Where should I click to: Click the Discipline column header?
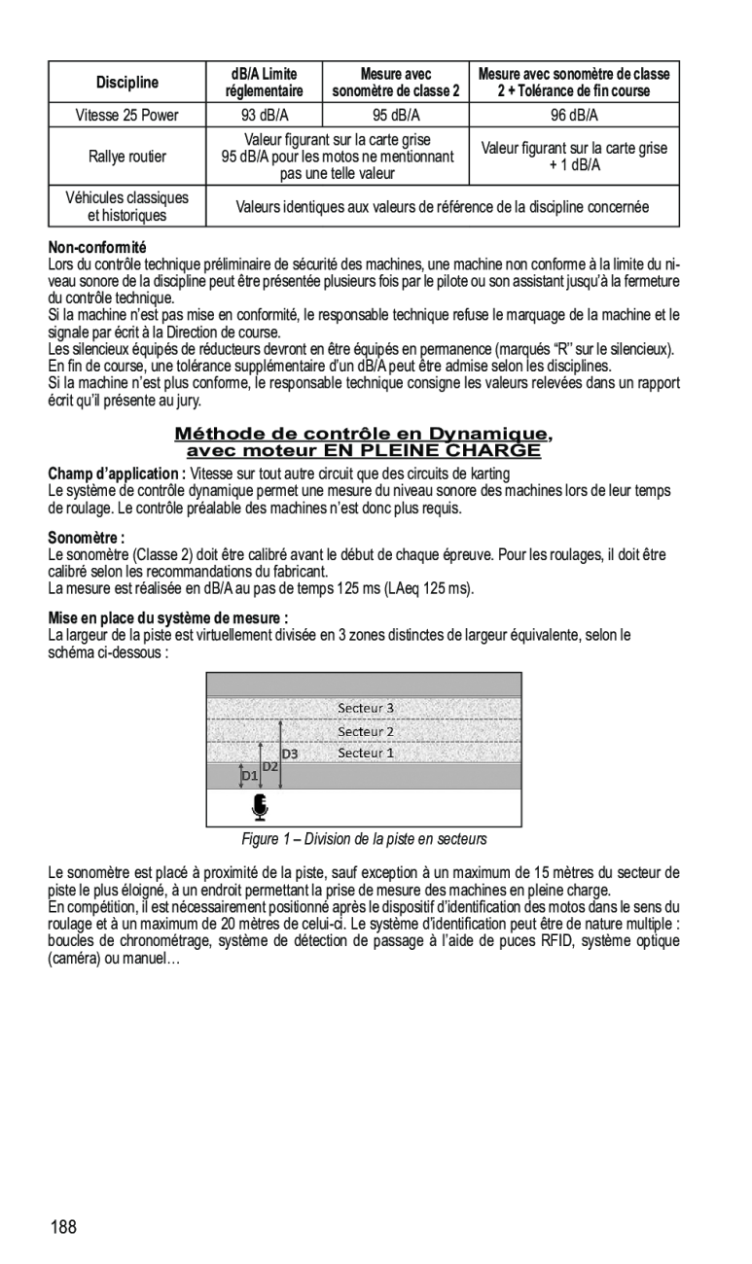(126, 83)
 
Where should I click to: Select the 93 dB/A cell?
(266, 115)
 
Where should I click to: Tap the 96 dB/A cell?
(574, 115)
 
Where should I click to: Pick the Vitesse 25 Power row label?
(126, 115)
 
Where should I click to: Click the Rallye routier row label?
(126, 156)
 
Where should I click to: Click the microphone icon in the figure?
(260, 806)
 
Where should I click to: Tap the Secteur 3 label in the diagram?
(365, 707)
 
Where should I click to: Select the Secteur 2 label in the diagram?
(365, 730)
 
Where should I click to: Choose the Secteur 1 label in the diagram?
(365, 753)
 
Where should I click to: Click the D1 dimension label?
(248, 776)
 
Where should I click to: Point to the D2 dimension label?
(269, 766)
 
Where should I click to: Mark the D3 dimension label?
(290, 754)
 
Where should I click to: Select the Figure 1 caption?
(364, 838)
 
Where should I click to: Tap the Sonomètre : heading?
(87, 538)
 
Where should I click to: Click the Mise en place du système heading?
(168, 617)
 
